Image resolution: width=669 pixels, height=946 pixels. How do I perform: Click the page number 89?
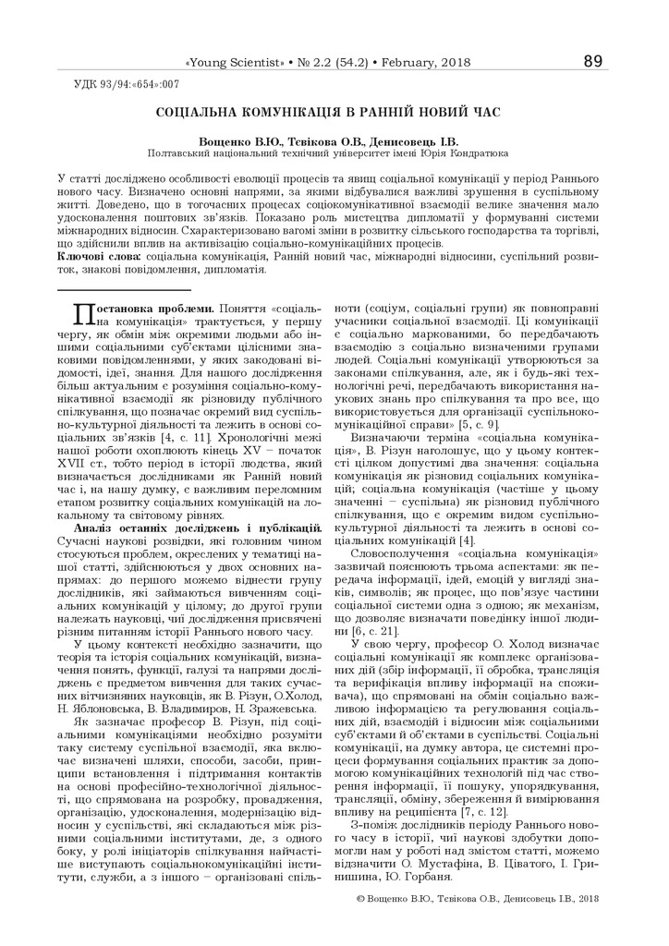point(592,62)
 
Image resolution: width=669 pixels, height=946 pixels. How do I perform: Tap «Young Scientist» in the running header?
point(235,63)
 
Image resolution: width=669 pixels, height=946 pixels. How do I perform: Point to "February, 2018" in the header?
point(426,63)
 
